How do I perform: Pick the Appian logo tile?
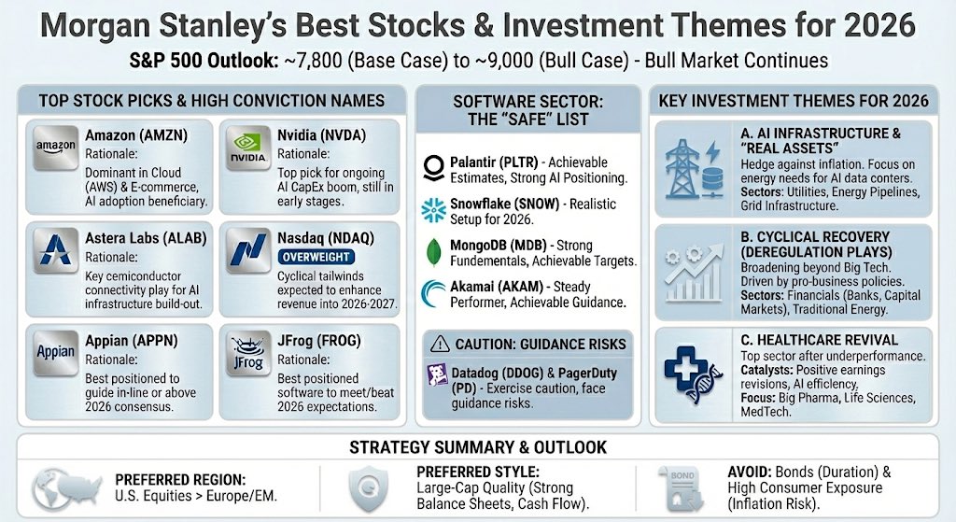point(55,352)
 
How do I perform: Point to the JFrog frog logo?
point(247,352)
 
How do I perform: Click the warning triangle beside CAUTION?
point(436,344)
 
